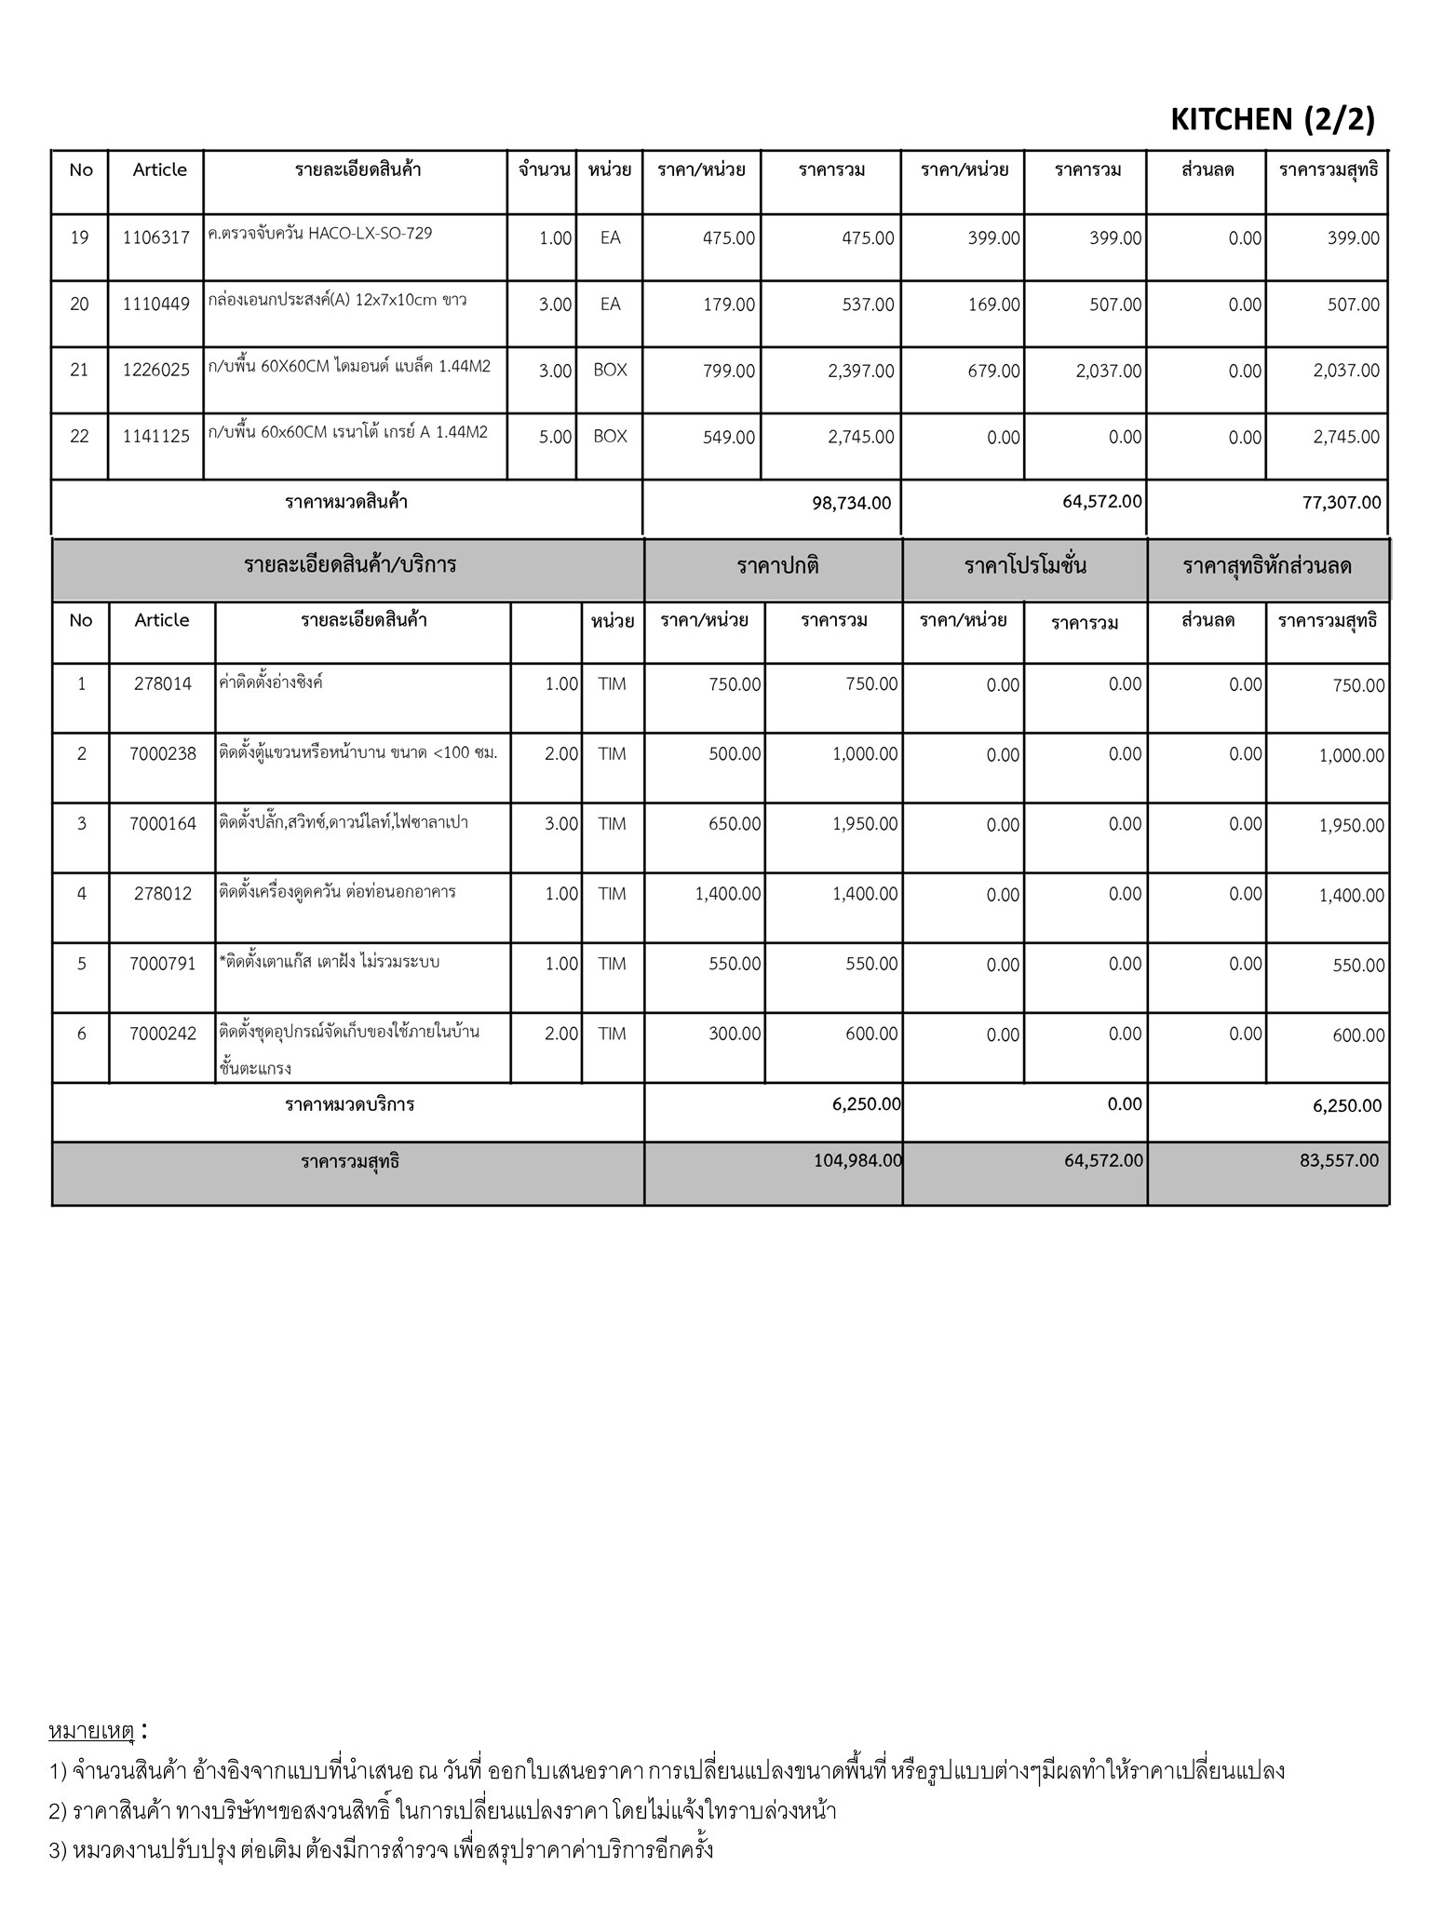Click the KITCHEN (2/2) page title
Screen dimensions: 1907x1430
point(1272,119)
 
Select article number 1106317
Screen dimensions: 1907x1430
point(155,238)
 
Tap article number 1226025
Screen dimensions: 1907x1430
point(155,371)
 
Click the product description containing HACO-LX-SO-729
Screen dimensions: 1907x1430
point(321,234)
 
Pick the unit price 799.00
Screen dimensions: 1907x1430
point(729,372)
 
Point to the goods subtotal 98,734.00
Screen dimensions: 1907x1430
point(851,503)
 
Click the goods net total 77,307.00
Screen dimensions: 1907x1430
point(1342,503)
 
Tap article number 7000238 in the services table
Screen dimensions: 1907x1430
point(163,754)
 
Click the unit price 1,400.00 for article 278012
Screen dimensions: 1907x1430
point(727,894)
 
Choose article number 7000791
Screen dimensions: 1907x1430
point(163,964)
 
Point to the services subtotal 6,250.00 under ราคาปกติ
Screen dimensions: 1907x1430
point(866,1104)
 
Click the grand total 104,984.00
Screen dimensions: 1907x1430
point(857,1161)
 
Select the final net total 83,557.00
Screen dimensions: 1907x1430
point(1339,1161)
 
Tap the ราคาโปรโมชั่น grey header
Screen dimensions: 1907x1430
point(1025,566)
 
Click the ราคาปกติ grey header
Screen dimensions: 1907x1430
point(777,566)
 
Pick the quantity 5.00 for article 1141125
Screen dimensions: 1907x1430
point(555,438)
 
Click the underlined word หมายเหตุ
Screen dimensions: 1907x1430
point(91,1731)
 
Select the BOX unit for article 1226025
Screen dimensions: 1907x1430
point(610,371)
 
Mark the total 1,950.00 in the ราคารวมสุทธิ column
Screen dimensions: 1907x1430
point(1351,826)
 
